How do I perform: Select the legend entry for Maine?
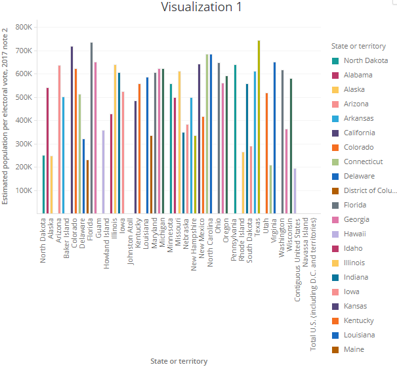(x=353, y=349)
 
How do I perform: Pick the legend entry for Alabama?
(x=358, y=75)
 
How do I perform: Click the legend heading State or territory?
(x=358, y=46)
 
